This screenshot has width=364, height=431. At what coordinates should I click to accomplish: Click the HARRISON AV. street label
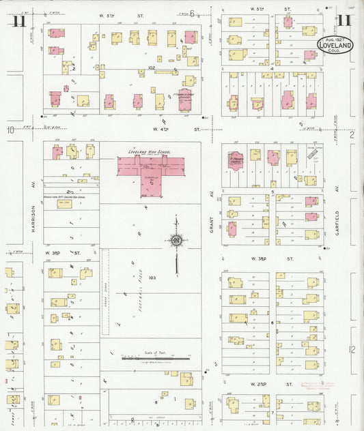click(32, 220)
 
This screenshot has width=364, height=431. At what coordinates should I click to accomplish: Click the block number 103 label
click(152, 278)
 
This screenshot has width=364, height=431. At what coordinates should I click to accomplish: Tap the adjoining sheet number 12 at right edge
click(352, 349)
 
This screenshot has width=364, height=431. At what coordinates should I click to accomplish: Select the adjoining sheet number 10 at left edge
click(10, 129)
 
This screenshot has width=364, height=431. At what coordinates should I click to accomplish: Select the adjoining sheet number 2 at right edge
click(352, 136)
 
